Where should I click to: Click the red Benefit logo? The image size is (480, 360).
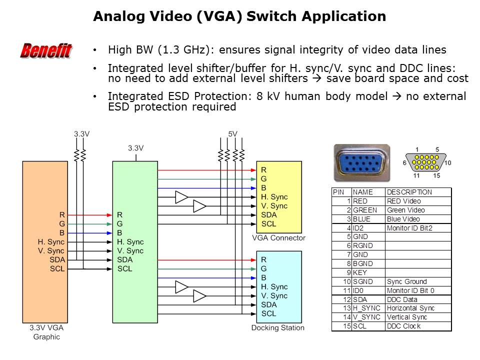click(46, 50)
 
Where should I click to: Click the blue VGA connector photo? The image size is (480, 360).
click(361, 163)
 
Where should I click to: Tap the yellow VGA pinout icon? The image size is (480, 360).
click(426, 163)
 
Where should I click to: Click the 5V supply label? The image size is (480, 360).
click(232, 134)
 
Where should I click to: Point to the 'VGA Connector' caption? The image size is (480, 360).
click(278, 238)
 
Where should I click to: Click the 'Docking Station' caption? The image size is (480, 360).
click(277, 328)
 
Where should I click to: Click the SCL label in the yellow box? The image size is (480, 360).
click(268, 223)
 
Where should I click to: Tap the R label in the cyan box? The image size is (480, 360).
click(263, 260)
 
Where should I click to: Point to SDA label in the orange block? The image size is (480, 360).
click(57, 260)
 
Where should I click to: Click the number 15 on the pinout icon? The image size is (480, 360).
click(437, 175)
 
